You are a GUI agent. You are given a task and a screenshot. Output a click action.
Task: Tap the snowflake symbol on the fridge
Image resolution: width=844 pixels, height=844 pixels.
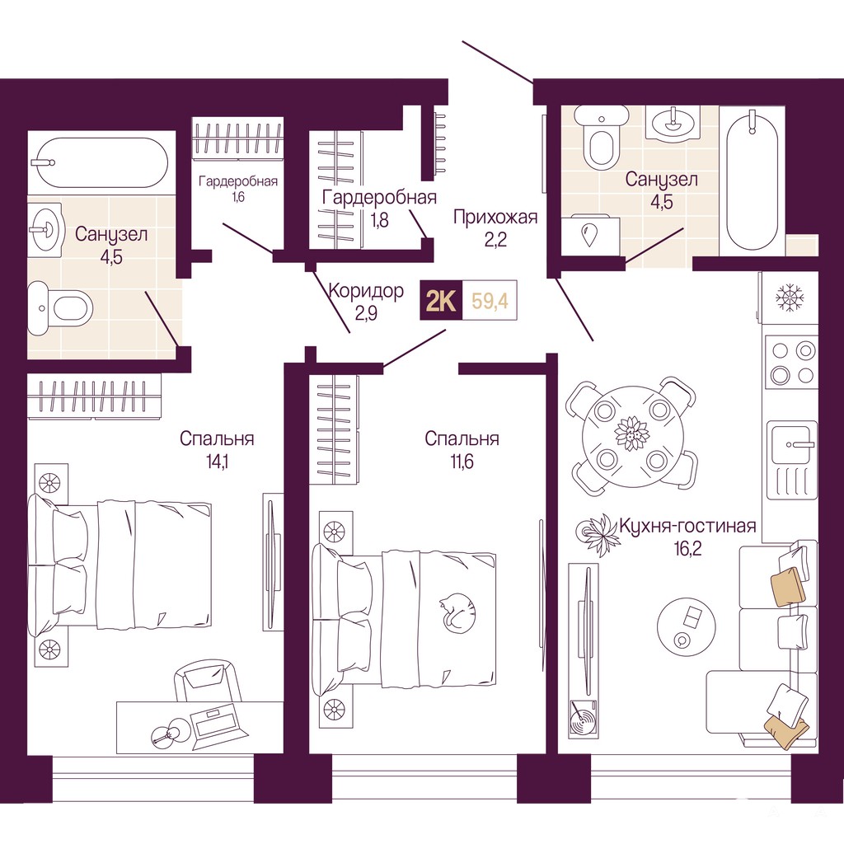click(790, 297)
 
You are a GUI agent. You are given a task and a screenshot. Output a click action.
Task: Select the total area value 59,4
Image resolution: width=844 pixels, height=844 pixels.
click(490, 300)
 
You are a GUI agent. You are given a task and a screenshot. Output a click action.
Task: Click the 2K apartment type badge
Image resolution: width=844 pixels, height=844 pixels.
click(441, 300)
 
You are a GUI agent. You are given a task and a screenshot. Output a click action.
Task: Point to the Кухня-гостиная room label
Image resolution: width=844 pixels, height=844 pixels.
click(687, 525)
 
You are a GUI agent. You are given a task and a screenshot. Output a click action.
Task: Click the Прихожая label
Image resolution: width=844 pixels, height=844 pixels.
click(495, 217)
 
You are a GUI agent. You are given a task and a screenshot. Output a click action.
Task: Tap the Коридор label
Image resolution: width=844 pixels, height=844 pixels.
click(366, 291)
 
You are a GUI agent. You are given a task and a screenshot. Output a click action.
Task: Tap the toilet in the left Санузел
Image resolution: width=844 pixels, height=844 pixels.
click(60, 308)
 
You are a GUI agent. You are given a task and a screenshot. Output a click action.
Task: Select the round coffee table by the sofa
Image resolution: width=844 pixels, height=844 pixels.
click(687, 625)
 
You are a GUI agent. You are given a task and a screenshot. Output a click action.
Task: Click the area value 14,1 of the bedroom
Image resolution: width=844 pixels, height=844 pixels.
click(217, 462)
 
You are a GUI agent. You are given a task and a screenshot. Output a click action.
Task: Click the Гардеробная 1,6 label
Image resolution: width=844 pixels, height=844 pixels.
click(238, 189)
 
